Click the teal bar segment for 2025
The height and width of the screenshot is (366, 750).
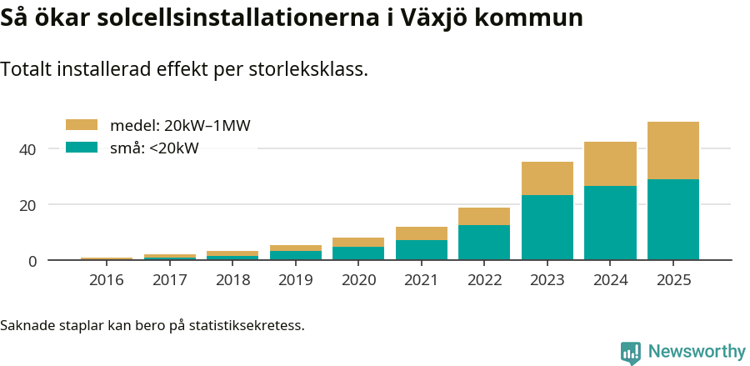coord(673,219)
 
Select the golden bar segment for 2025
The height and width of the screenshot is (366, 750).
coord(673,151)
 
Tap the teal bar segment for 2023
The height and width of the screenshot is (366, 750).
coord(547,228)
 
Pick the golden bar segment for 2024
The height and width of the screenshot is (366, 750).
coord(610,164)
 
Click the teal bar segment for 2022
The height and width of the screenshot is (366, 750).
coord(484,243)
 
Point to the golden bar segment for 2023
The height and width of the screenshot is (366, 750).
coord(547,178)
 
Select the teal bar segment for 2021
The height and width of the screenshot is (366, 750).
coord(422,250)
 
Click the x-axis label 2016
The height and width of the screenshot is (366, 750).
coord(107,280)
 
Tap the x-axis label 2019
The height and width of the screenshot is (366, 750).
coord(296,280)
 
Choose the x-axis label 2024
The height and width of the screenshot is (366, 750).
coord(610,280)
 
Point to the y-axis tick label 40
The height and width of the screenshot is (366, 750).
coord(28,149)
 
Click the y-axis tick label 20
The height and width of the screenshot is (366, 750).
coord(28,205)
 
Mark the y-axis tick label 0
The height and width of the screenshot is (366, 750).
coord(32,262)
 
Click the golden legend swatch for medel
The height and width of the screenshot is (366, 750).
coord(82,125)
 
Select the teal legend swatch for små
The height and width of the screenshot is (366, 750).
coord(82,148)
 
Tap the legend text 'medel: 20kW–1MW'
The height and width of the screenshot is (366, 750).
coord(180,126)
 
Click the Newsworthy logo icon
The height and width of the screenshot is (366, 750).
coord(631,352)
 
